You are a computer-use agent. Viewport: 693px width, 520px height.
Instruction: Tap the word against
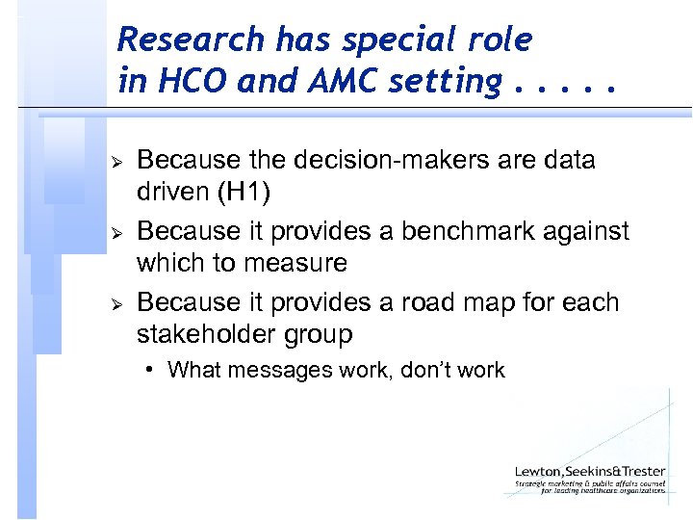pyautogui.click(x=589, y=231)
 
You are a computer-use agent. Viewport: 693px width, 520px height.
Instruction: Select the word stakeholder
pyautogui.click(x=213, y=335)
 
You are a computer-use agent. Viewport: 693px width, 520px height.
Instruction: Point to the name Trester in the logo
pyautogui.click(x=640, y=470)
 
